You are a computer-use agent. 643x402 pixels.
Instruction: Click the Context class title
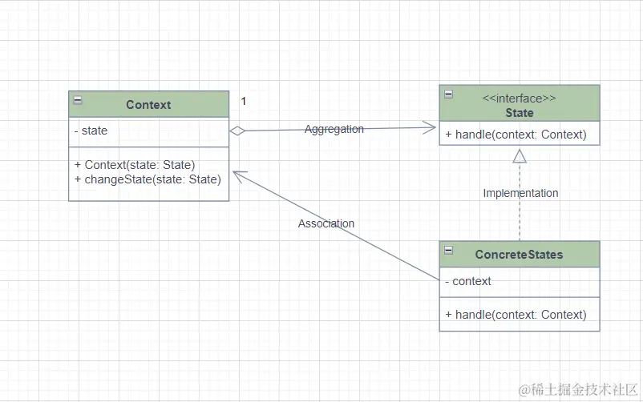148,105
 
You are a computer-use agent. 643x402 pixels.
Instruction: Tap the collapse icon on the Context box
78,100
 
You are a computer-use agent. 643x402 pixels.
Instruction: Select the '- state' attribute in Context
91,131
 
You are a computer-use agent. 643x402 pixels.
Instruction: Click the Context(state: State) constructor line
135,165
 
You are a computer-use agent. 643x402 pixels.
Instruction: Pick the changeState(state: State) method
148,179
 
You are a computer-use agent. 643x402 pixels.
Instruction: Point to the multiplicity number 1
244,101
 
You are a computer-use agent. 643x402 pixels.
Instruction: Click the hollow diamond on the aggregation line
237,131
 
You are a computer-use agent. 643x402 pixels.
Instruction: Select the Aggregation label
334,129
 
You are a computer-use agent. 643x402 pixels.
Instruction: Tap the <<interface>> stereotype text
520,98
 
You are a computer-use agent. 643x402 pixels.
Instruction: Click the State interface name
520,113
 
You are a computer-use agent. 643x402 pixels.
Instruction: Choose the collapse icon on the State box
449,94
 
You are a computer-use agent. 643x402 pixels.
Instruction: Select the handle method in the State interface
516,135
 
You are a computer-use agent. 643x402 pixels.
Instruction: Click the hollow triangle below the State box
520,156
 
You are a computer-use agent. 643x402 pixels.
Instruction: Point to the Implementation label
521,193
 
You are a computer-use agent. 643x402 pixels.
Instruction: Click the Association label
326,223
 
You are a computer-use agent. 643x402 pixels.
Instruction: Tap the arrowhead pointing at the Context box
241,176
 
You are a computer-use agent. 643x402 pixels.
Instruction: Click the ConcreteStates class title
520,255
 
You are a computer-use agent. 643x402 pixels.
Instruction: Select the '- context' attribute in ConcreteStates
468,281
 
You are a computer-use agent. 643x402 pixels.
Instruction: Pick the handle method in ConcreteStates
516,315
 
